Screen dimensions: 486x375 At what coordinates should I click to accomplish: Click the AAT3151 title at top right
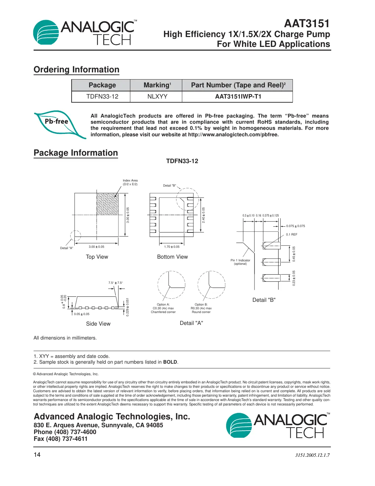click(306, 23)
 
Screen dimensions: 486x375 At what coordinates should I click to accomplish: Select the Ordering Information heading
click(76, 70)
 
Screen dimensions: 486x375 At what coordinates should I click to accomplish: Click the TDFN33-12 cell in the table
click(102, 97)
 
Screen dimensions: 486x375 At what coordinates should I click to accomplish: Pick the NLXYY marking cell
click(157, 97)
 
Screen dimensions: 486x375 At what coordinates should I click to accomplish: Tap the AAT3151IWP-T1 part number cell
click(238, 97)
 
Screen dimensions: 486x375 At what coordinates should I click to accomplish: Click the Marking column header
click(157, 85)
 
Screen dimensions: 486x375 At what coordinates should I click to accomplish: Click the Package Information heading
click(76, 153)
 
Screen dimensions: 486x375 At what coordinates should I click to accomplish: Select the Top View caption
click(97, 257)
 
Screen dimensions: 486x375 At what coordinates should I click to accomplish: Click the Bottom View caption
click(172, 257)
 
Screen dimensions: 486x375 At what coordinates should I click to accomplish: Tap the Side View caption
click(98, 324)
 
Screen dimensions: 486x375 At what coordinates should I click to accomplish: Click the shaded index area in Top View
click(107, 204)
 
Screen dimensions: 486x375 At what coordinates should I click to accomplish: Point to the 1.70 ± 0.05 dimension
click(172, 247)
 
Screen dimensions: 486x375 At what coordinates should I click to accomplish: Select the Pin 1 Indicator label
click(240, 262)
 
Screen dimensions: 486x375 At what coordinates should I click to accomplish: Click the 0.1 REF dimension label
click(292, 235)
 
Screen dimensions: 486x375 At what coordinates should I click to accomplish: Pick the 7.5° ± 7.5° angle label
click(115, 283)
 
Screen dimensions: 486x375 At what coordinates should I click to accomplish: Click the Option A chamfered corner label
click(163, 308)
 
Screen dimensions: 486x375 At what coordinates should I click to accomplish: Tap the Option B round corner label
click(201, 308)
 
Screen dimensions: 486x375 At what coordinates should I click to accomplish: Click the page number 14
click(37, 455)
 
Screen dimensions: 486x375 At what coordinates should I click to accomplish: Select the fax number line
click(60, 439)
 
